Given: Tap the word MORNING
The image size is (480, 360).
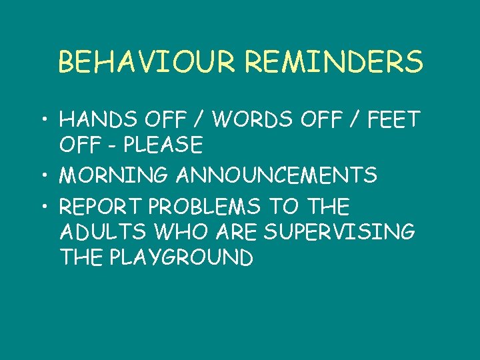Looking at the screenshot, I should pos(114,176).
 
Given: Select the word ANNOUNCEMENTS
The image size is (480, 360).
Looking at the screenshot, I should pos(277,176).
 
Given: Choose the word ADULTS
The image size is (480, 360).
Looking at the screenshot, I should pos(101,232).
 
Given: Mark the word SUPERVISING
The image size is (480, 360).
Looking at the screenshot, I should pos(340,232).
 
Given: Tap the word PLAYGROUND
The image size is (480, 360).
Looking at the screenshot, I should pos(180,257).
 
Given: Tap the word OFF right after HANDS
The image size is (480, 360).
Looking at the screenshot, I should pos(157,120).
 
